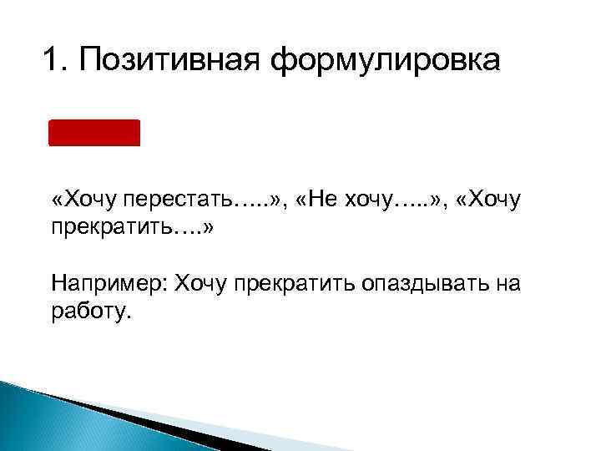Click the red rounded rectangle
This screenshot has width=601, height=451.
pos(94,133)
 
